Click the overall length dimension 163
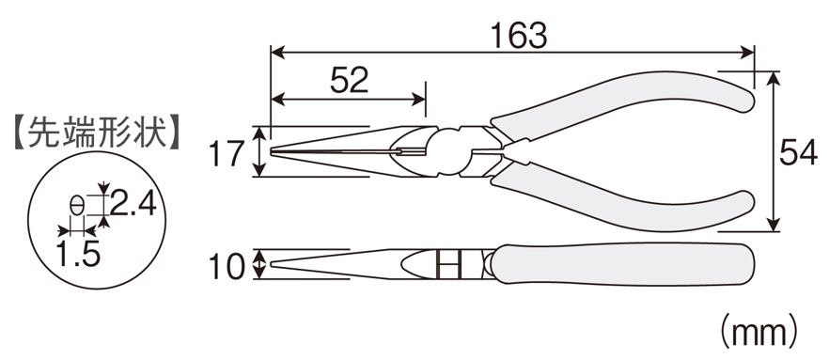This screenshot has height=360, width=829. (518, 37)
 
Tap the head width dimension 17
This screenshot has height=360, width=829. (226, 153)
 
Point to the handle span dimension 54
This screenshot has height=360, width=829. (798, 153)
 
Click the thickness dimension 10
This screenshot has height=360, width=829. (227, 266)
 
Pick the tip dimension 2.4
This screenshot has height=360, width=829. (133, 203)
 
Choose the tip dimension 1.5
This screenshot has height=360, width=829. (78, 254)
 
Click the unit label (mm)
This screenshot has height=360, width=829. (759, 333)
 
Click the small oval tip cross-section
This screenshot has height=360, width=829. (77, 205)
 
